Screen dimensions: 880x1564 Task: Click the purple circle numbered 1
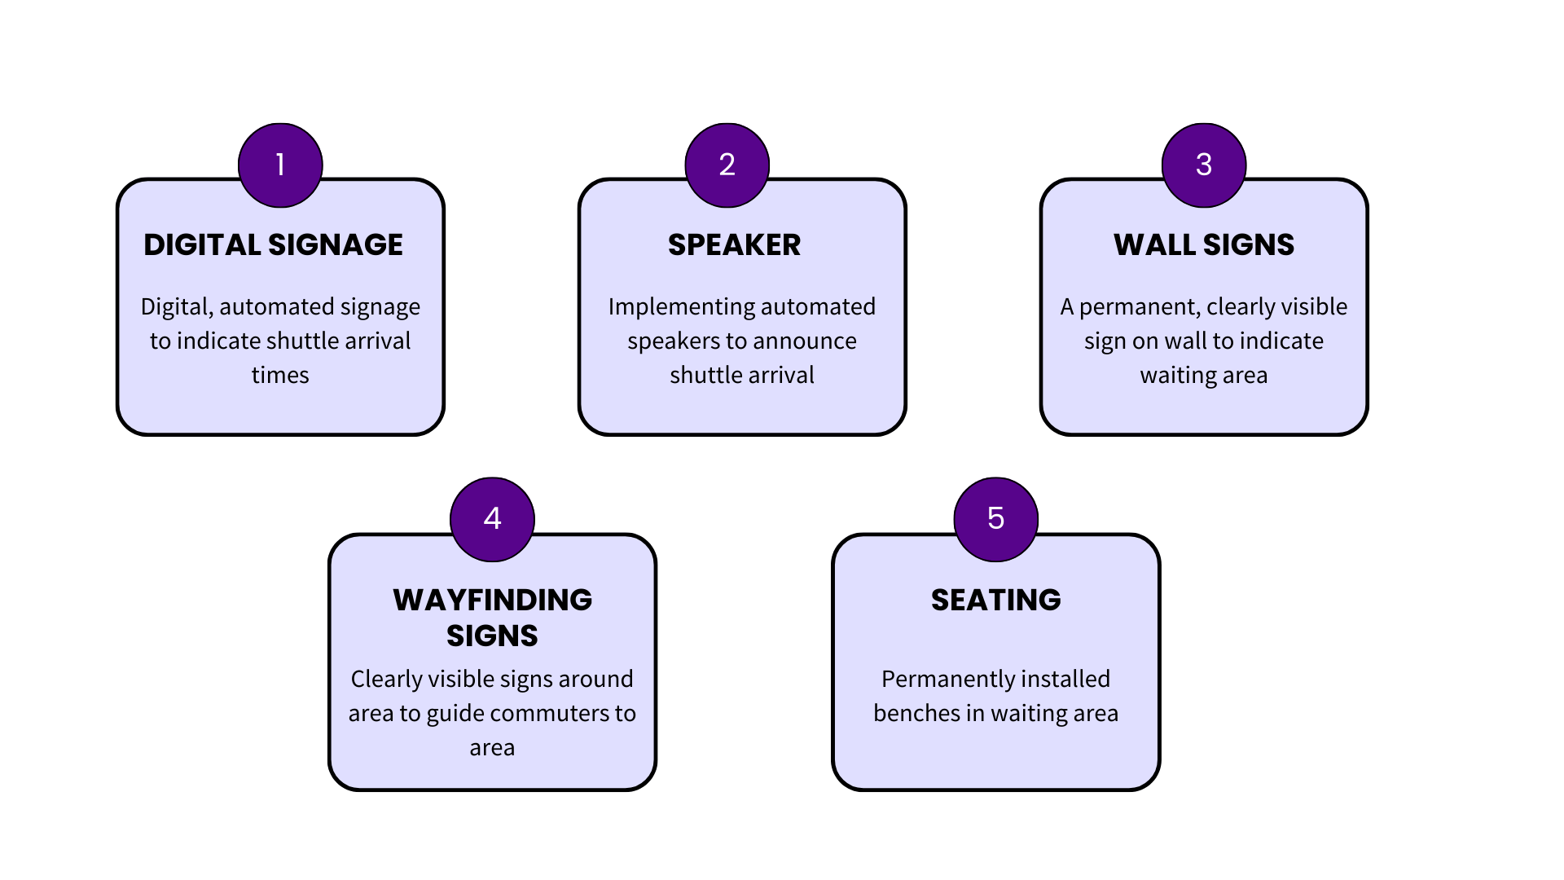(280, 165)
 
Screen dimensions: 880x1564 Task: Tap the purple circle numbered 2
(727, 165)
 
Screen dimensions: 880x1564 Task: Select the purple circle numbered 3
(1204, 165)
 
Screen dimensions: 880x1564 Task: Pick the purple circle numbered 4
(492, 519)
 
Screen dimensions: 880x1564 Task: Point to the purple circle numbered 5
(995, 519)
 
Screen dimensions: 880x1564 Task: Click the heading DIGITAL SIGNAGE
(273, 244)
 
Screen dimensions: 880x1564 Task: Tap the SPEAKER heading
(734, 244)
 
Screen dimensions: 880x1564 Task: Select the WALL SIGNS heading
(1203, 244)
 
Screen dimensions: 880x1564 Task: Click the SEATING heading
(995, 600)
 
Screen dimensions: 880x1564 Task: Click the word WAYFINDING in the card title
(492, 600)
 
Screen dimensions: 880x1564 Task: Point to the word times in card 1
(280, 375)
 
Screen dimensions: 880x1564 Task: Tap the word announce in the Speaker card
(806, 341)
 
